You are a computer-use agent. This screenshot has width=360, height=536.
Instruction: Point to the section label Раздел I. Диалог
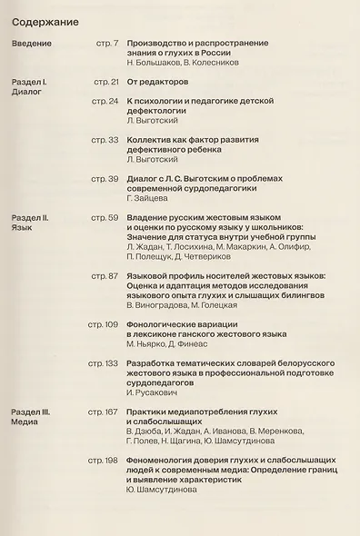pos(34,87)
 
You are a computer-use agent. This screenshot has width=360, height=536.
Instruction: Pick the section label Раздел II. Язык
pos(35,223)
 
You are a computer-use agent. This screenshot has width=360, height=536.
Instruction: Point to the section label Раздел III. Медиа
pos(35,417)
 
